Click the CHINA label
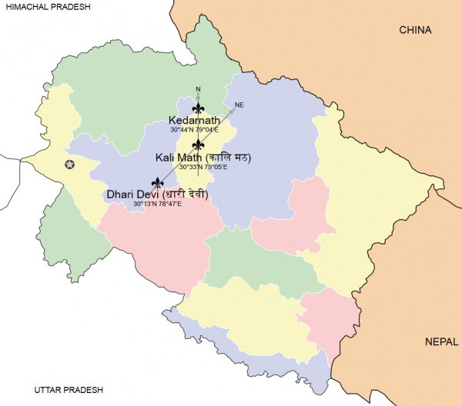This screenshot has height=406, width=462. click(x=415, y=30)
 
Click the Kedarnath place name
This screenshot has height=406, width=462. click(x=194, y=120)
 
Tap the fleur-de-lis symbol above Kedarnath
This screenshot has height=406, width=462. click(x=199, y=108)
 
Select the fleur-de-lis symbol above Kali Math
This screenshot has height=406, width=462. click(x=199, y=145)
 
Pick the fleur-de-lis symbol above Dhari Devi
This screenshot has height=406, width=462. click(x=158, y=183)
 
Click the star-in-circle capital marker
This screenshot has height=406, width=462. click(x=70, y=165)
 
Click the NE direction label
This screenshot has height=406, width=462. click(x=239, y=105)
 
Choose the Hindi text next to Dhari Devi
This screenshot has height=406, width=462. click(x=186, y=195)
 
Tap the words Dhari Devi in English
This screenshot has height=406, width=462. click(x=133, y=195)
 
